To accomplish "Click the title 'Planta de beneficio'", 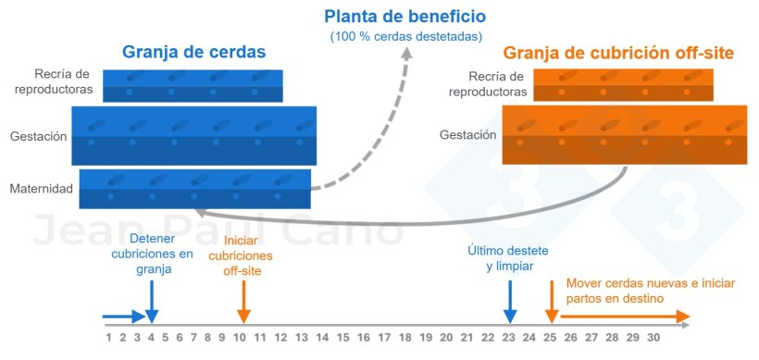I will [404, 17].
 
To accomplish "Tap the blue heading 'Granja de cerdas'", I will [194, 53].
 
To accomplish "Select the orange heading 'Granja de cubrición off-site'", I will [617, 54].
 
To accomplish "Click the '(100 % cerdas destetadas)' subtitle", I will [404, 37].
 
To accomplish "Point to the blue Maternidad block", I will [195, 189].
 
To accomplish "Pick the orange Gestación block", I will [624, 135].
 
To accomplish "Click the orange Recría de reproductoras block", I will [624, 85].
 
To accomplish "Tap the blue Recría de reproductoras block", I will [193, 86].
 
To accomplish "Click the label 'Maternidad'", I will [41, 190].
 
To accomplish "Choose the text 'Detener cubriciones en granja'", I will [152, 253].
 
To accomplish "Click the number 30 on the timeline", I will [653, 338].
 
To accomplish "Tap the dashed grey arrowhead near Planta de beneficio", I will [409, 56].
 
